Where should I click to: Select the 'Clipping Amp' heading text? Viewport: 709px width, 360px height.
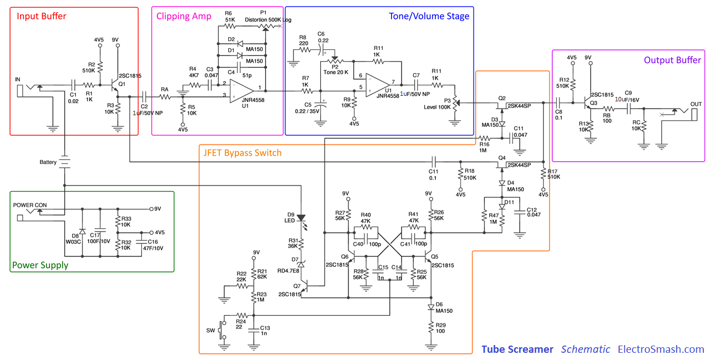pyautogui.click(x=183, y=16)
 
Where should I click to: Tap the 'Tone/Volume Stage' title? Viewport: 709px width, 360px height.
pyautogui.click(x=429, y=16)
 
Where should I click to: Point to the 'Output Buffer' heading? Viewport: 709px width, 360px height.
pyautogui.click(x=672, y=60)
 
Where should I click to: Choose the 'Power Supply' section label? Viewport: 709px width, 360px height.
pyautogui.click(x=40, y=265)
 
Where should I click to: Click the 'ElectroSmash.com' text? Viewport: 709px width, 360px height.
pyautogui.click(x=661, y=349)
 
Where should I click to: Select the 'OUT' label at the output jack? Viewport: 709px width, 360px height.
pyautogui.click(x=696, y=104)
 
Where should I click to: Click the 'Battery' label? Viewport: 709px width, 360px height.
pyautogui.click(x=48, y=162)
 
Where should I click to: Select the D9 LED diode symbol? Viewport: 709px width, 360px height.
pyautogui.click(x=301, y=218)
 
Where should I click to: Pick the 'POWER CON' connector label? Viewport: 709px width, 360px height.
pyautogui.click(x=30, y=205)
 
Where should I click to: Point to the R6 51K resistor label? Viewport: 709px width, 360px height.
pyautogui.click(x=229, y=16)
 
